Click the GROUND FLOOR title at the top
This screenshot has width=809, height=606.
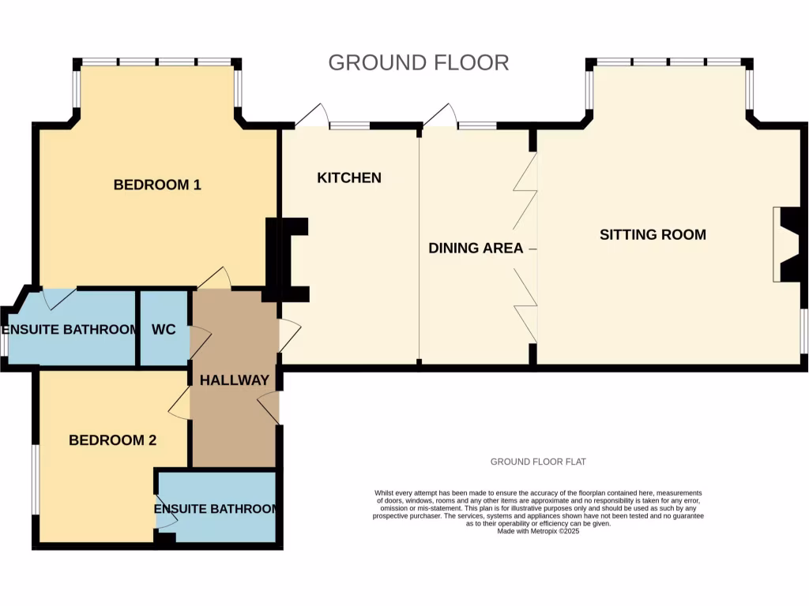click(x=419, y=62)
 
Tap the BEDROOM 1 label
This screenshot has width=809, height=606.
click(x=157, y=185)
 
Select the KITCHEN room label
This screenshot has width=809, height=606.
click(x=349, y=178)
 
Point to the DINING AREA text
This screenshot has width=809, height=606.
click(x=476, y=248)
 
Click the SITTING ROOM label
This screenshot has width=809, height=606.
click(x=653, y=234)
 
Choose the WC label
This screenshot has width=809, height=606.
click(x=164, y=329)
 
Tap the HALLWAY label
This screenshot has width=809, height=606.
click(x=235, y=380)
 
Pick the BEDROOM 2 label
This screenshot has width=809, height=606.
click(x=112, y=440)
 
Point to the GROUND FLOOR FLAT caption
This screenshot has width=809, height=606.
click(x=538, y=462)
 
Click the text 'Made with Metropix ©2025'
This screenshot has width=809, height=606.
click(x=538, y=532)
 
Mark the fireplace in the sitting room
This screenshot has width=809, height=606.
click(x=788, y=245)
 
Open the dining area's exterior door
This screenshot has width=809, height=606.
click(x=441, y=115)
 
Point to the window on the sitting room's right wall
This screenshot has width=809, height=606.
click(x=803, y=331)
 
